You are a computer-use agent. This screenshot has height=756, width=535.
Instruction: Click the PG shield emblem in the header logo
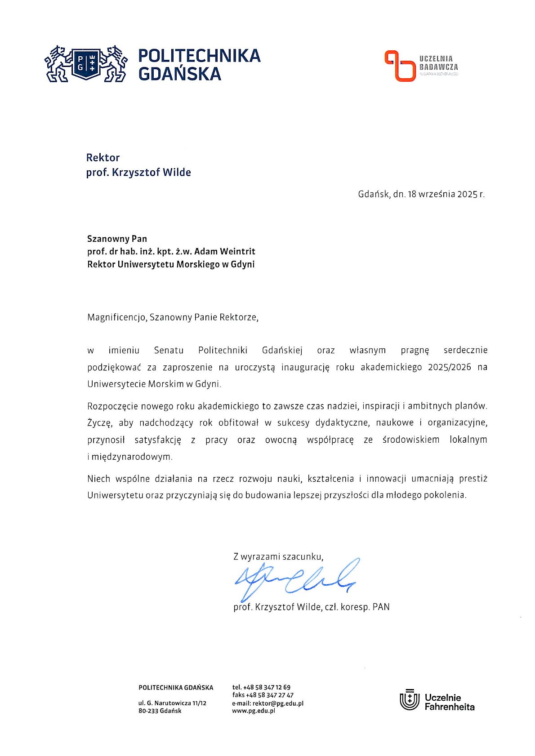86,63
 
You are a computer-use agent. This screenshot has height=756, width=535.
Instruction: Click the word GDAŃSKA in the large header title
180,74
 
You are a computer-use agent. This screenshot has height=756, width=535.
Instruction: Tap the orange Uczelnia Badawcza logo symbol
399,66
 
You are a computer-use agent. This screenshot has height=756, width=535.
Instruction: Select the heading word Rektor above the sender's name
103,158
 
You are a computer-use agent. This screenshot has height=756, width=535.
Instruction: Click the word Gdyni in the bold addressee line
243,264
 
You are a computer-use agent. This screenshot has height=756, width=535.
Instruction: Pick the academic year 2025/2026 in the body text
450,367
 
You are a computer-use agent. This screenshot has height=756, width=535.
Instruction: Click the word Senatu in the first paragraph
169,350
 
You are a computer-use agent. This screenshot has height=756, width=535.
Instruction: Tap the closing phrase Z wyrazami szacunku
278,556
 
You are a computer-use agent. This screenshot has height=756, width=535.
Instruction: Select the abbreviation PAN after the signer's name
381,607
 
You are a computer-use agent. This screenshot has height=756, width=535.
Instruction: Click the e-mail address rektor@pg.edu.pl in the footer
278,703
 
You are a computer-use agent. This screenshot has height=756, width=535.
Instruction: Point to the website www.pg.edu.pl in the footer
253,711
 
